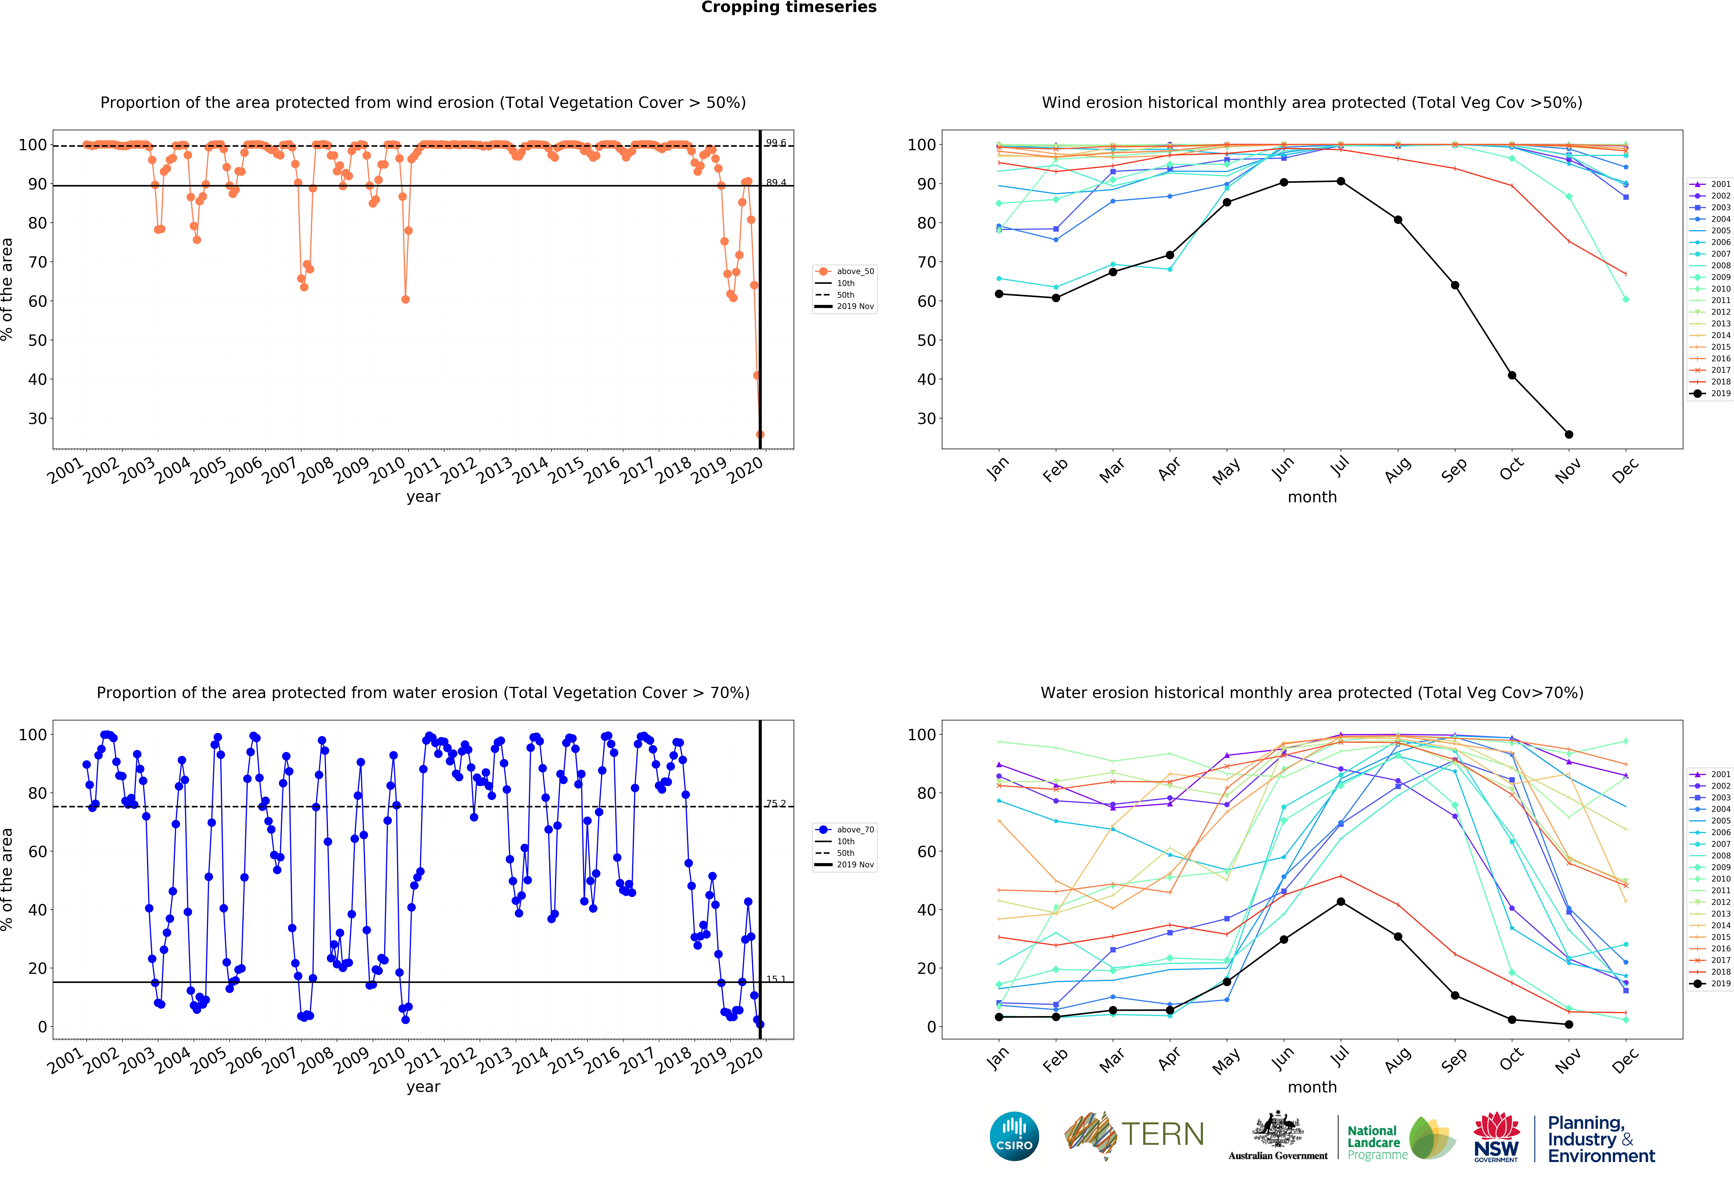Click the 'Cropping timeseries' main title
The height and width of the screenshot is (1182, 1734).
(x=789, y=7)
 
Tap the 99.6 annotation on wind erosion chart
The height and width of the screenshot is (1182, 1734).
(x=776, y=142)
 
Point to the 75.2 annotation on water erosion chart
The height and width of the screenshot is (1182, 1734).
(x=776, y=804)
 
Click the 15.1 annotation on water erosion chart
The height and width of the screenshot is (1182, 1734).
(x=776, y=979)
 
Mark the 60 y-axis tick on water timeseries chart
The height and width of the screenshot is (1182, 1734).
(x=37, y=851)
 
